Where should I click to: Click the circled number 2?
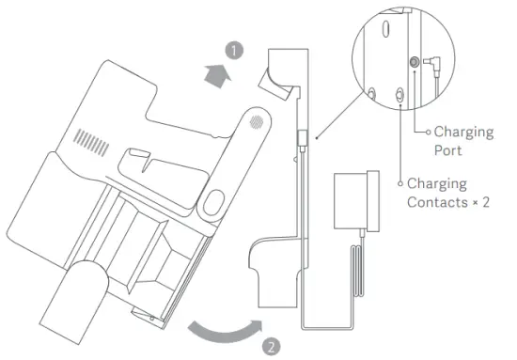271,346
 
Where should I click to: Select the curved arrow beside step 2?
223,332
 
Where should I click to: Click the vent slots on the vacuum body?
89,141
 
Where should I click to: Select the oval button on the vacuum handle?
212,201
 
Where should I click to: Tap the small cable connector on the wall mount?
300,137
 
